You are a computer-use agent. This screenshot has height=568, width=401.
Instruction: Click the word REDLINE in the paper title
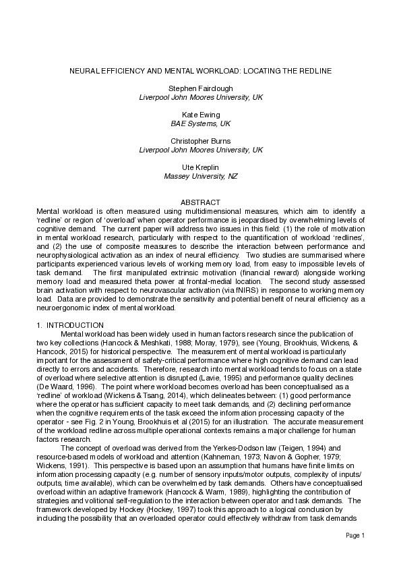tap(313, 70)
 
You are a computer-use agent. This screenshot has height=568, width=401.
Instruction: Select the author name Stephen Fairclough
tap(200, 88)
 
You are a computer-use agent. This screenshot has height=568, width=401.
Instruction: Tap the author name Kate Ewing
tap(200, 115)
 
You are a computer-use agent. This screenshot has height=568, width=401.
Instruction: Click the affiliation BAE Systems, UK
tap(200, 123)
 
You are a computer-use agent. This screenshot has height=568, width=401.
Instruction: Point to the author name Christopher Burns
tap(200, 141)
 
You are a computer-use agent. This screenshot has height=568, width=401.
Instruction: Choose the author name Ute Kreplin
tap(200, 167)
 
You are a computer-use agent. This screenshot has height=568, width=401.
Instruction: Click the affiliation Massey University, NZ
tap(200, 176)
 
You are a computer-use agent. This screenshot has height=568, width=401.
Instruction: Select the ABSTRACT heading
tap(200, 202)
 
